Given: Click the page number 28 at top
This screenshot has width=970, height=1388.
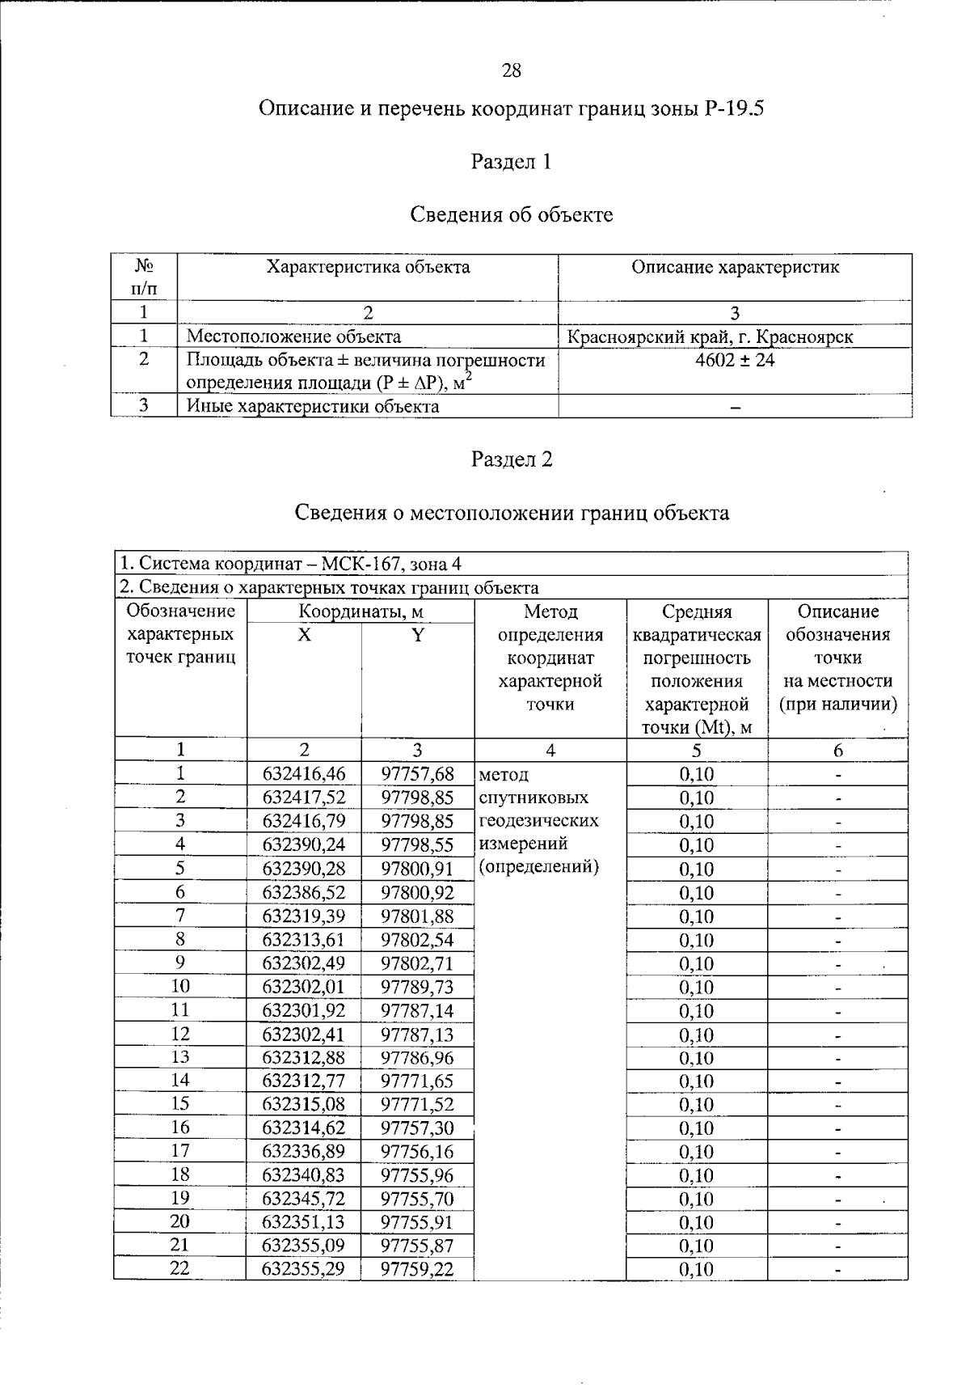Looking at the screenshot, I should point(512,70).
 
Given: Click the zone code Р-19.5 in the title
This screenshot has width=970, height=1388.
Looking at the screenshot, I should point(733,108).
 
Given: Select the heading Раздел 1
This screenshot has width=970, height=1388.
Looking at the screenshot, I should point(511,162).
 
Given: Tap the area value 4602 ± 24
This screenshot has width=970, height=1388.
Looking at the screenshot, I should point(735,361).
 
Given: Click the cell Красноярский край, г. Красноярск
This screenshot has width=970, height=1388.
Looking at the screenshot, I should point(711,337).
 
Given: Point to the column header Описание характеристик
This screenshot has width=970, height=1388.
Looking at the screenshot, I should point(735,268).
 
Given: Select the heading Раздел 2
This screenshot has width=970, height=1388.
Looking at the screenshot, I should point(512,459).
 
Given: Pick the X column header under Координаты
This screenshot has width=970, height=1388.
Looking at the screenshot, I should point(303,636).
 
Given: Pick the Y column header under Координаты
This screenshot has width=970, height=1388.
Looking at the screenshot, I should point(417,636).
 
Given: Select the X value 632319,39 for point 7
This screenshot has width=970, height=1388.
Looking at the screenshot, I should point(304,916).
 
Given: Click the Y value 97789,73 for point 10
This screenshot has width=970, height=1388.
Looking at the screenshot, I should point(417,987).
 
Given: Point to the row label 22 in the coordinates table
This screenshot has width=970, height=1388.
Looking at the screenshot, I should point(179,1268).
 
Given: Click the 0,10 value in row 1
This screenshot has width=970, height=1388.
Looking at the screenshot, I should point(696,774).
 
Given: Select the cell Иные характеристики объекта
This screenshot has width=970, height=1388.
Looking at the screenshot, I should point(313,407).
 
